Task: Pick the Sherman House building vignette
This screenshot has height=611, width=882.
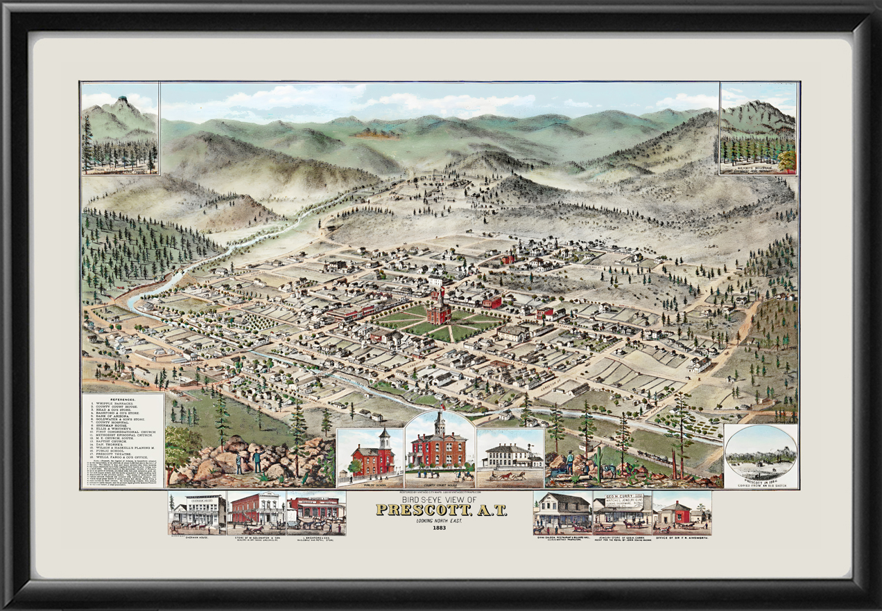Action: point(198,513)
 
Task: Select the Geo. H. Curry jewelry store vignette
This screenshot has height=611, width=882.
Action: point(622,512)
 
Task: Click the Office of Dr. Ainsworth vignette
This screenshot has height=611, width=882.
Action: point(681,513)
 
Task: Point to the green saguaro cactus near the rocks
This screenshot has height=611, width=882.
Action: point(598,457)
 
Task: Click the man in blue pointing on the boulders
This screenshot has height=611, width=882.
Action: point(256,461)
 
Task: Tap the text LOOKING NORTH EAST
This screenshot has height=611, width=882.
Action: point(440,520)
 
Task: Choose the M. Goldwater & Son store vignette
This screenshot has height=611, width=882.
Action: point(257,512)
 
